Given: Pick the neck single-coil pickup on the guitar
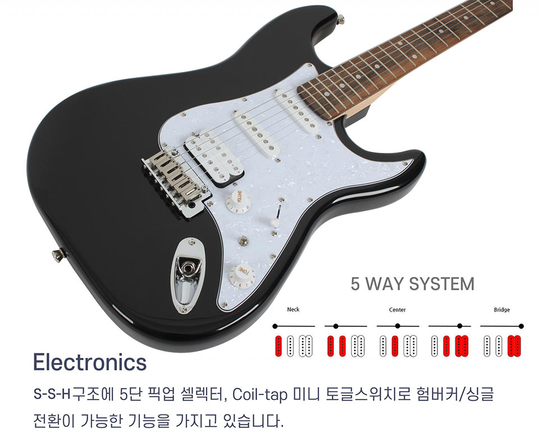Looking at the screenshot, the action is (x=298, y=110).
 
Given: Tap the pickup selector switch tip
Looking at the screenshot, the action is (x=275, y=222).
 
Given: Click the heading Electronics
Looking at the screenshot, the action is (x=90, y=362).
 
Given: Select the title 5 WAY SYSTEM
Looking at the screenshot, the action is (x=412, y=284).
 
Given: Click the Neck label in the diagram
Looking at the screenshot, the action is (x=293, y=310).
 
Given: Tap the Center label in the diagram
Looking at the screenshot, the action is (x=397, y=310).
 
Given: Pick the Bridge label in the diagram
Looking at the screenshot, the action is (x=501, y=310).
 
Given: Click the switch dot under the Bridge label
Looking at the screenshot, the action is (x=521, y=326).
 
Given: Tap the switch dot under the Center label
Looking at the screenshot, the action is (x=398, y=326).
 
